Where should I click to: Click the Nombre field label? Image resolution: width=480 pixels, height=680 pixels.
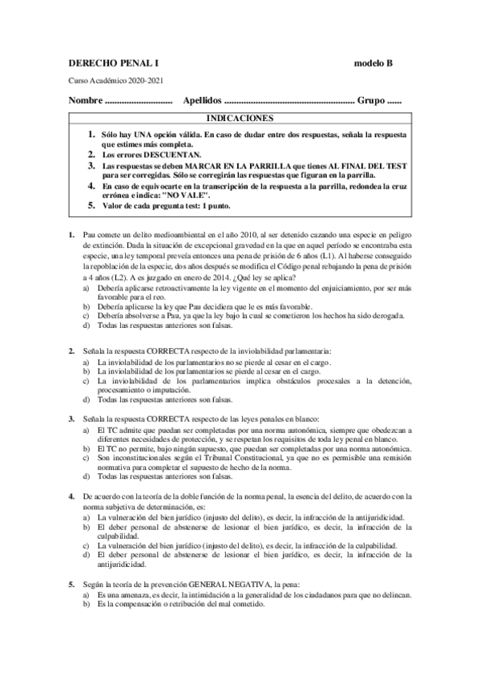click(x=86, y=102)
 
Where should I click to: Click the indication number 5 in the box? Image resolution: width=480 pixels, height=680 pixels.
click(x=91, y=206)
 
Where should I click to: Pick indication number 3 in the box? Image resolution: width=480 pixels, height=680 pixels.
click(x=91, y=164)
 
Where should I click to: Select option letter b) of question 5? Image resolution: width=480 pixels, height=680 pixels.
click(x=87, y=605)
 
